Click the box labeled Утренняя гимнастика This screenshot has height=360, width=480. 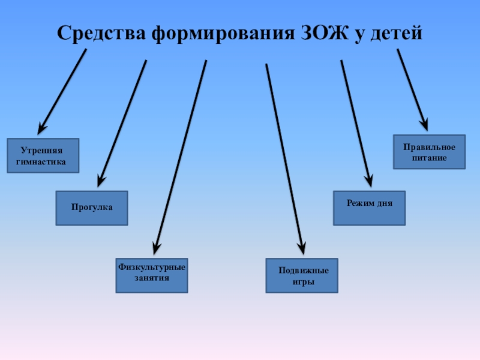coord(43,156)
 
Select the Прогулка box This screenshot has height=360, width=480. coord(92,208)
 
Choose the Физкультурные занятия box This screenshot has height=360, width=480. coord(152,275)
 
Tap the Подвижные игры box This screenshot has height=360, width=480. coord(302,275)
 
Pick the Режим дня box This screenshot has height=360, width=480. coord(369,208)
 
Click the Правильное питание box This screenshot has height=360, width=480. coord(429,152)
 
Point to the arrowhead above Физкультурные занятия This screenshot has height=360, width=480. coord(157,247)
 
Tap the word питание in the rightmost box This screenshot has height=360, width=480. coord(429,157)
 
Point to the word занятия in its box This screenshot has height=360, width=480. coord(152,278)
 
